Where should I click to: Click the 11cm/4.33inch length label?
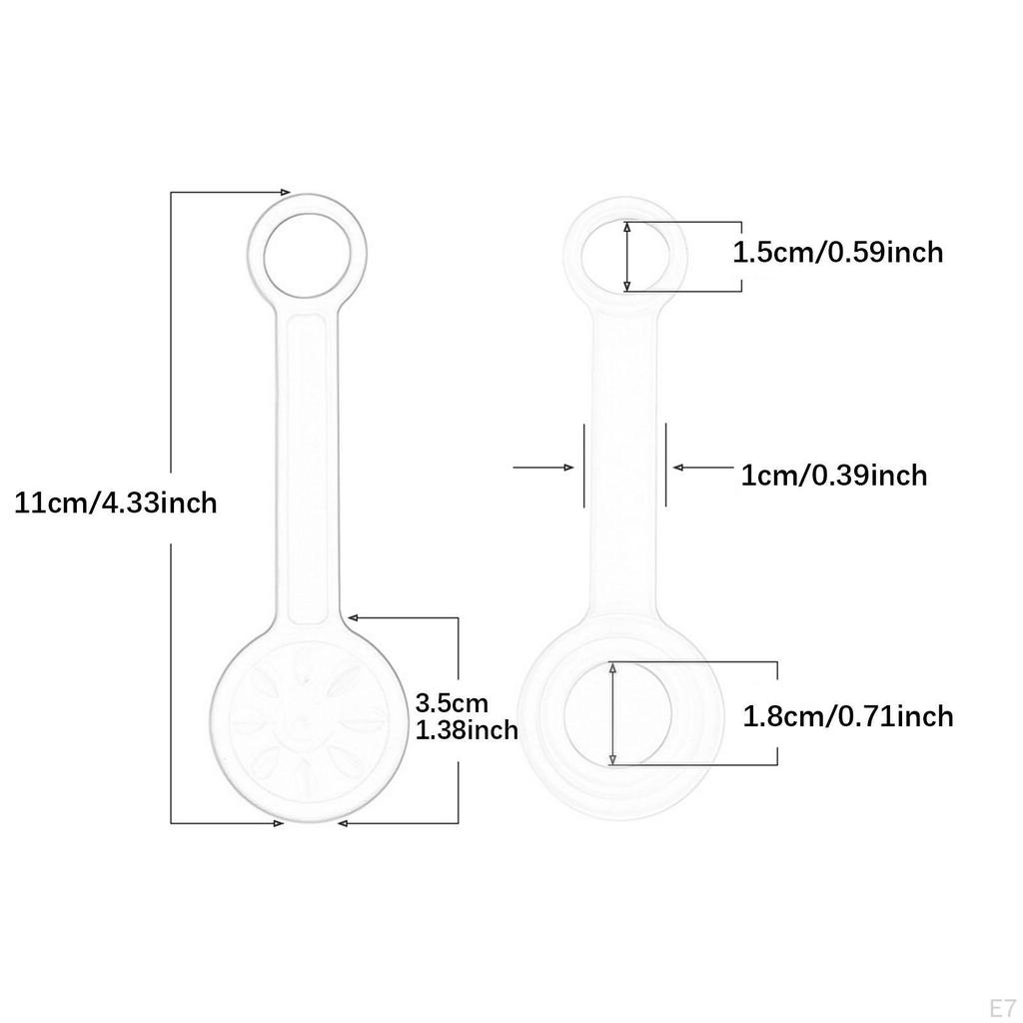click(116, 504)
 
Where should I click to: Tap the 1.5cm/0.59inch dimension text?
click(838, 253)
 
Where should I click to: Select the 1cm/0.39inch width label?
click(834, 476)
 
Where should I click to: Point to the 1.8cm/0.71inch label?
click(848, 716)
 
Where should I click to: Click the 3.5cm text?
click(452, 703)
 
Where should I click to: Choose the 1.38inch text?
click(467, 730)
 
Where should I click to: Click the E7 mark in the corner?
click(1003, 1008)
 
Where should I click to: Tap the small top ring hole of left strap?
click(307, 255)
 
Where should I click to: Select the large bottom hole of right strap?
click(617, 713)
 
